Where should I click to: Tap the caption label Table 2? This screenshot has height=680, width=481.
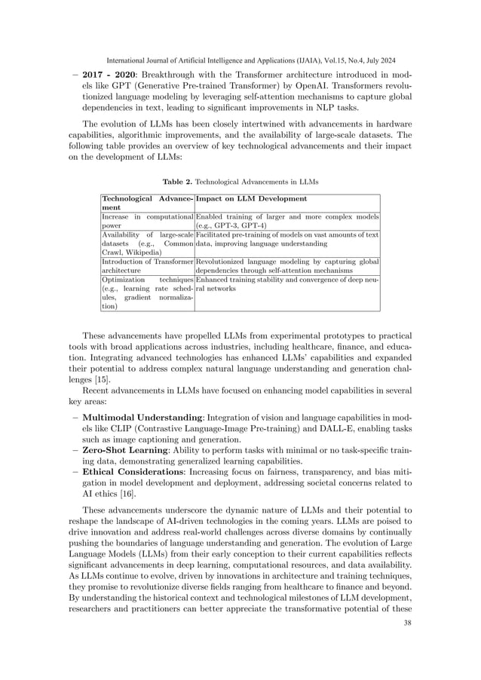[x=176, y=182]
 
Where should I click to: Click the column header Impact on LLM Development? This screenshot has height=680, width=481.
[x=251, y=198]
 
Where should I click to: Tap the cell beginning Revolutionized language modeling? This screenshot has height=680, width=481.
[x=286, y=266]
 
